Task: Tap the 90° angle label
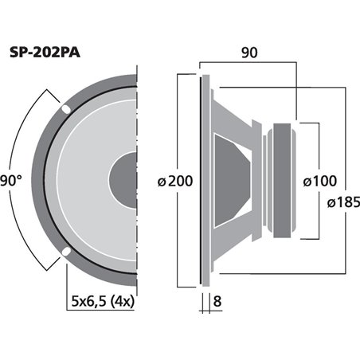[x=12, y=180]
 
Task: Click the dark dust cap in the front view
[x=125, y=180]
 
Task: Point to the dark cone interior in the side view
[x=233, y=180]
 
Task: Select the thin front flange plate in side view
[x=200, y=180]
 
